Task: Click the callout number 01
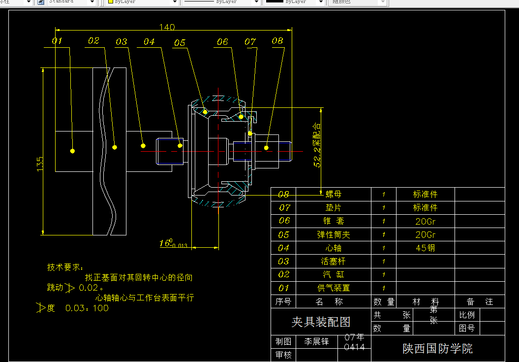coord(57,41)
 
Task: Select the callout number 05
coord(180,43)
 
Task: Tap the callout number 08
coord(277,41)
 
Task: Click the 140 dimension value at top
coord(167,27)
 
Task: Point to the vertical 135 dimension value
coord(40,165)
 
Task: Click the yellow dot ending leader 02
coord(115,147)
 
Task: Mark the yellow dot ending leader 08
coord(266,147)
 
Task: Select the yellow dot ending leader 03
coord(143,145)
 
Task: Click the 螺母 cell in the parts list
coord(333,195)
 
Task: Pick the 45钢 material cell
coord(425,248)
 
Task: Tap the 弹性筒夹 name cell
coord(333,234)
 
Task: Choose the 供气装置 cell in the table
coord(333,288)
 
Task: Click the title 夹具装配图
coord(321,322)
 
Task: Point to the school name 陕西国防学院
coord(437,349)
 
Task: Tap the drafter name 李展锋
coord(316,341)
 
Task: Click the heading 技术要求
coord(65,267)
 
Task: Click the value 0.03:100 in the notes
coord(87,308)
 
